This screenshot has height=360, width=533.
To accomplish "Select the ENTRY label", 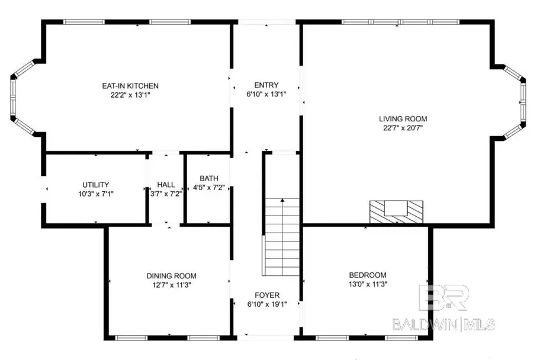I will [266, 85].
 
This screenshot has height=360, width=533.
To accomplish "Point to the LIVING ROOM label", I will [403, 118].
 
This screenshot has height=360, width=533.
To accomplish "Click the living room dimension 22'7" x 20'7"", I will [403, 127].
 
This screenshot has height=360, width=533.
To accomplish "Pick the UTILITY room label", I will [95, 185].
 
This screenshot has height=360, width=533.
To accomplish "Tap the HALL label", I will [166, 184].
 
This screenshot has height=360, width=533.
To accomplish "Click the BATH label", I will [208, 178].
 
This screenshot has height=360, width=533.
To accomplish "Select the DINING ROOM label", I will [171, 276].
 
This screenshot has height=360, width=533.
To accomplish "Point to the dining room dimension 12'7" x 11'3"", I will [171, 285].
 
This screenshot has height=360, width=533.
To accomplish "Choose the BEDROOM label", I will [367, 275].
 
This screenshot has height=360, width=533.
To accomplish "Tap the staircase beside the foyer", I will [282, 237].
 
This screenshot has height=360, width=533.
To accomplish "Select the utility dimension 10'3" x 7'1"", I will [95, 194].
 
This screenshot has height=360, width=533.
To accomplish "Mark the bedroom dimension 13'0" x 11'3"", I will [367, 284].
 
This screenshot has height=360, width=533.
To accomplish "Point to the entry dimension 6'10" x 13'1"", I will [266, 94].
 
